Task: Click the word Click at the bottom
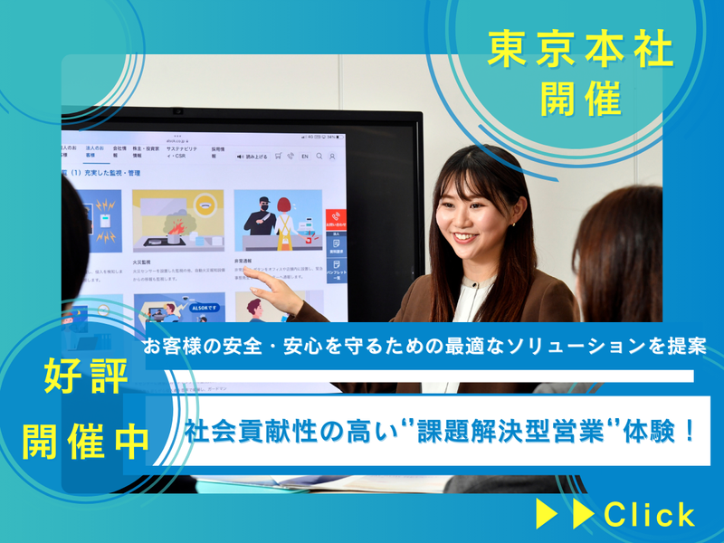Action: tap(650, 514)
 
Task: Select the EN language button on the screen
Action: tap(305, 156)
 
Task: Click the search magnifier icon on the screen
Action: tap(319, 156)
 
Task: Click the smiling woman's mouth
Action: tap(463, 238)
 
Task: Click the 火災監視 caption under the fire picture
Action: tap(143, 259)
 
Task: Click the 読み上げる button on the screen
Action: tap(252, 156)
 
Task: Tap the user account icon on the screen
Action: tap(332, 156)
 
